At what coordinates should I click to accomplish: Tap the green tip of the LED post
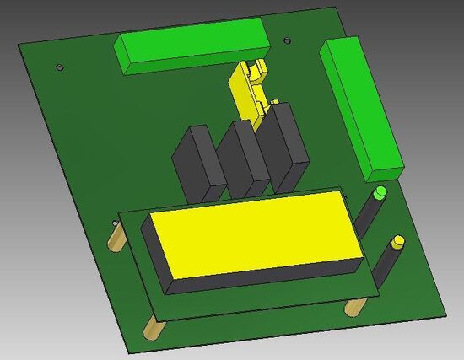(x=380, y=193)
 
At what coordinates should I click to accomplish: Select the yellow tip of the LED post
(x=395, y=243)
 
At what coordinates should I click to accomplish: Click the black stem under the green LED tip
(x=372, y=216)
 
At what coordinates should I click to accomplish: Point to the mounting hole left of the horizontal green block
(x=58, y=67)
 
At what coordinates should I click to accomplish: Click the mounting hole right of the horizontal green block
(x=288, y=39)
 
